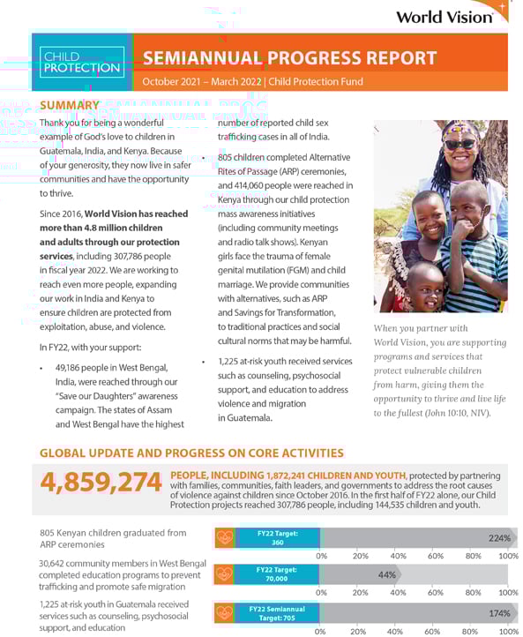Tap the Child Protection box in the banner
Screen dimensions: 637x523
[x=81, y=62]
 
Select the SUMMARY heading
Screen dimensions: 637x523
[x=70, y=106]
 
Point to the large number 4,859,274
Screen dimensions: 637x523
[x=101, y=482]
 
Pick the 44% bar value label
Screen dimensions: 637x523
[x=386, y=574]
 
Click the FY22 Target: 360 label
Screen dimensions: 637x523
[x=277, y=537]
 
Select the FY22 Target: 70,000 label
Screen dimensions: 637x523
[x=277, y=574]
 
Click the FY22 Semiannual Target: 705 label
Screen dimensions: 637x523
[x=277, y=612]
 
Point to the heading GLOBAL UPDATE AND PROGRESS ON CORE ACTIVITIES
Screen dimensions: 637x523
[x=191, y=453]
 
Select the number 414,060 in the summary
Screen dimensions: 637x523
[x=255, y=185]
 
